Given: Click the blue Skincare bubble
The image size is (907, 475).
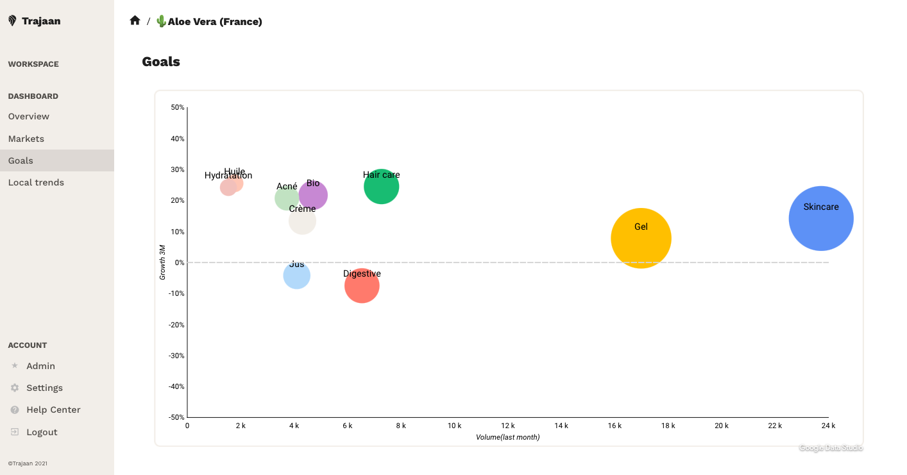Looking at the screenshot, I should (x=820, y=218).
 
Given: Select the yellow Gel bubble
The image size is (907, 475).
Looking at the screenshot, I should (x=641, y=238).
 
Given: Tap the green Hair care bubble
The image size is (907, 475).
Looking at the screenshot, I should (x=382, y=187).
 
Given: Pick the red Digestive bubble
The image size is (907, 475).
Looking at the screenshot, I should (x=362, y=286).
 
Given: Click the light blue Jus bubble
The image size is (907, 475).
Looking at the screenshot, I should (x=296, y=276).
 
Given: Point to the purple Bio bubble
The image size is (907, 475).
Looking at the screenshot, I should (x=314, y=195).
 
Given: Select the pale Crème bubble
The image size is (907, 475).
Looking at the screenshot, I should (x=302, y=221).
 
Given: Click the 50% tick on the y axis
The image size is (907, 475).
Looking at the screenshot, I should (x=178, y=107).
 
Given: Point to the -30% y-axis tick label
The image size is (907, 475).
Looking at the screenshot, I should (x=176, y=356).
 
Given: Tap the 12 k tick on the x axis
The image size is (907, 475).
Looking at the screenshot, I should (x=508, y=426).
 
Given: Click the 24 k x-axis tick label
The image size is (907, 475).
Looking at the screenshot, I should (x=829, y=426).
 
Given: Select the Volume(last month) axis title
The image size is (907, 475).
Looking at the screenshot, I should (x=507, y=437).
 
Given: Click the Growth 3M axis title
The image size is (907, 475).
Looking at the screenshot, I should (x=162, y=262).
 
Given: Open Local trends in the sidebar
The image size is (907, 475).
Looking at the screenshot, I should (x=36, y=182).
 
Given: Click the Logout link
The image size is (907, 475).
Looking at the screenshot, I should (x=42, y=432).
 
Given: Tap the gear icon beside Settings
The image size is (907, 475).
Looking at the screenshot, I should (x=15, y=388).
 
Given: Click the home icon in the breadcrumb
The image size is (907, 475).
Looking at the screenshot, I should (x=135, y=21).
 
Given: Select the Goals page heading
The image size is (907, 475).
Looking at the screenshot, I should (x=161, y=62).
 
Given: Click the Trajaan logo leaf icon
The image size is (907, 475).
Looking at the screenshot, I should (x=12, y=21).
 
